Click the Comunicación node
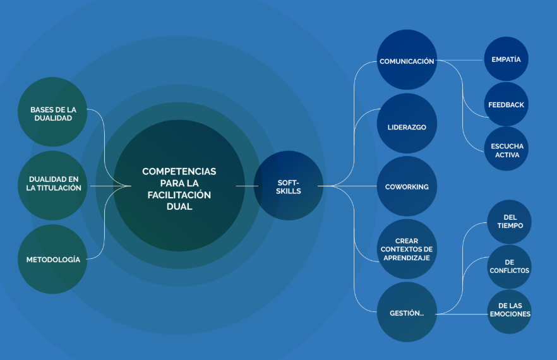point(407,61)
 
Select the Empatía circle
point(506,59)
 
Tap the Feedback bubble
point(506,104)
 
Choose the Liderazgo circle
point(407,126)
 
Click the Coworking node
point(407,186)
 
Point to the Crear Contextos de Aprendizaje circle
point(407,249)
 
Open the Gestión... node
point(407,312)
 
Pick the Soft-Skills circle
point(289,186)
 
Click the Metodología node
point(53,259)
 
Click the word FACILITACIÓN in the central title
point(179,195)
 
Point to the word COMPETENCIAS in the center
point(179,171)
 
